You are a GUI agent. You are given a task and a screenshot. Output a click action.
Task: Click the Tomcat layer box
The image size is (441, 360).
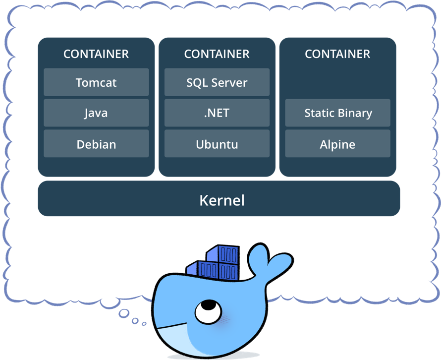96,82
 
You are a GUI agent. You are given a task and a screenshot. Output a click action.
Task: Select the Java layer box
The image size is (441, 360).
96,113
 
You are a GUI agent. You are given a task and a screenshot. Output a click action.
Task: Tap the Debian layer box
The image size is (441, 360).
96,144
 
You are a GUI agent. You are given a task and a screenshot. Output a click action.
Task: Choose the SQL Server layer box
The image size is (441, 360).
217,82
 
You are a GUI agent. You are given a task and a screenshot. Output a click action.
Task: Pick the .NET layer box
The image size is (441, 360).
217,113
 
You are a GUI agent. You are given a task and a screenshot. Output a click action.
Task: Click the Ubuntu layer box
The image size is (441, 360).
217,144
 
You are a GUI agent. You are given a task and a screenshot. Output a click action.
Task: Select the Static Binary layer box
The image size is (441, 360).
338,113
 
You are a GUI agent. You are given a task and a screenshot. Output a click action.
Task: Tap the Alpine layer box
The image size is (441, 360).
338,144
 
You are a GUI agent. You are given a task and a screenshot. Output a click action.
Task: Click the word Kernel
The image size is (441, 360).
222,200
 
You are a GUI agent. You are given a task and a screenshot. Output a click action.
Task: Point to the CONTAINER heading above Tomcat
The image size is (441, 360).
96,54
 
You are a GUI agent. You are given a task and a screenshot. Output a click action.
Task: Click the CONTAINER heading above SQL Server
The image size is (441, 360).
217,54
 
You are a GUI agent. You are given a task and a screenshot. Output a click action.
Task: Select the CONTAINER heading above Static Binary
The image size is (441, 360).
338,54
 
